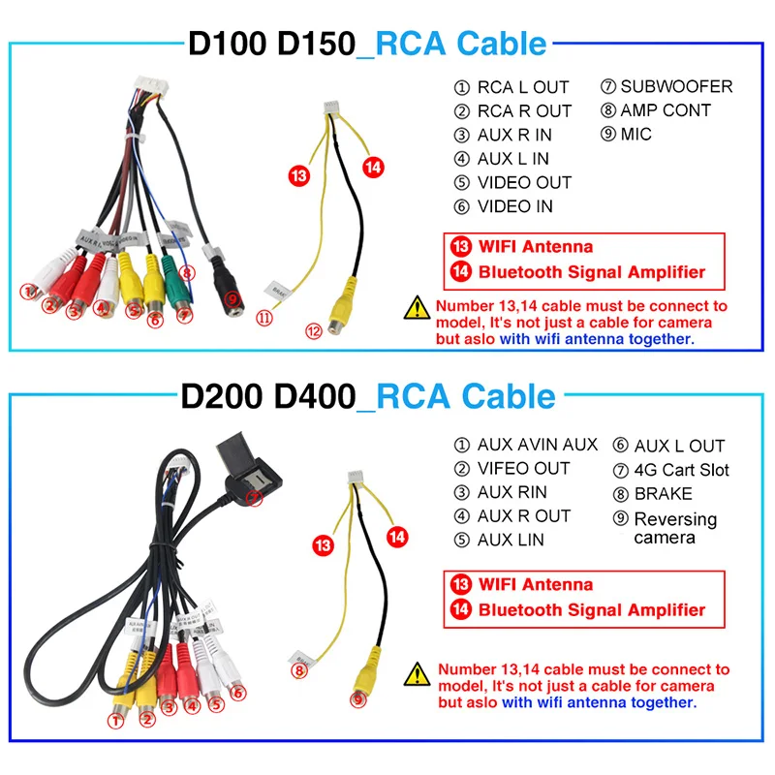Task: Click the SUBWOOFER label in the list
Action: click(x=676, y=87)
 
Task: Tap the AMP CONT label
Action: click(x=666, y=110)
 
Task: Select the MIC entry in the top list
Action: click(x=636, y=135)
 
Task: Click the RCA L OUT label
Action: click(x=523, y=87)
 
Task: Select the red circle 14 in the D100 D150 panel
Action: click(x=372, y=167)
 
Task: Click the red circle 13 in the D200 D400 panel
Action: click(x=324, y=546)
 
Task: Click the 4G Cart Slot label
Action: click(x=681, y=470)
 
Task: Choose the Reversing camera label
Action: click(x=675, y=528)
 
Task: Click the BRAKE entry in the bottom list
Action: click(x=663, y=493)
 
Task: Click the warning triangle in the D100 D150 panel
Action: click(x=418, y=308)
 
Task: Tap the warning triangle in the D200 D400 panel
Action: click(x=418, y=670)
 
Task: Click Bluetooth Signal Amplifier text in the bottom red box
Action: click(x=591, y=610)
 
